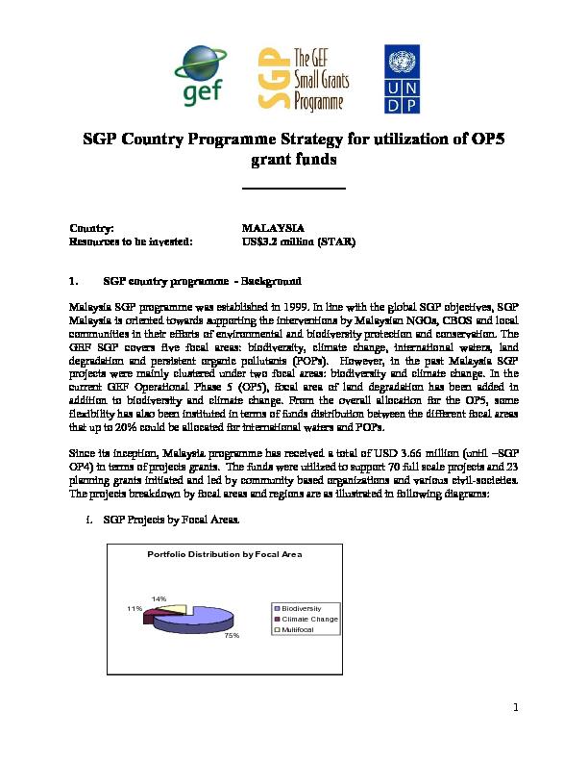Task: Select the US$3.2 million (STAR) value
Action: (301, 242)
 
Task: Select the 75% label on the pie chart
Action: (231, 636)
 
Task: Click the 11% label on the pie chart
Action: (134, 609)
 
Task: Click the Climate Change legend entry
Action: (307, 619)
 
